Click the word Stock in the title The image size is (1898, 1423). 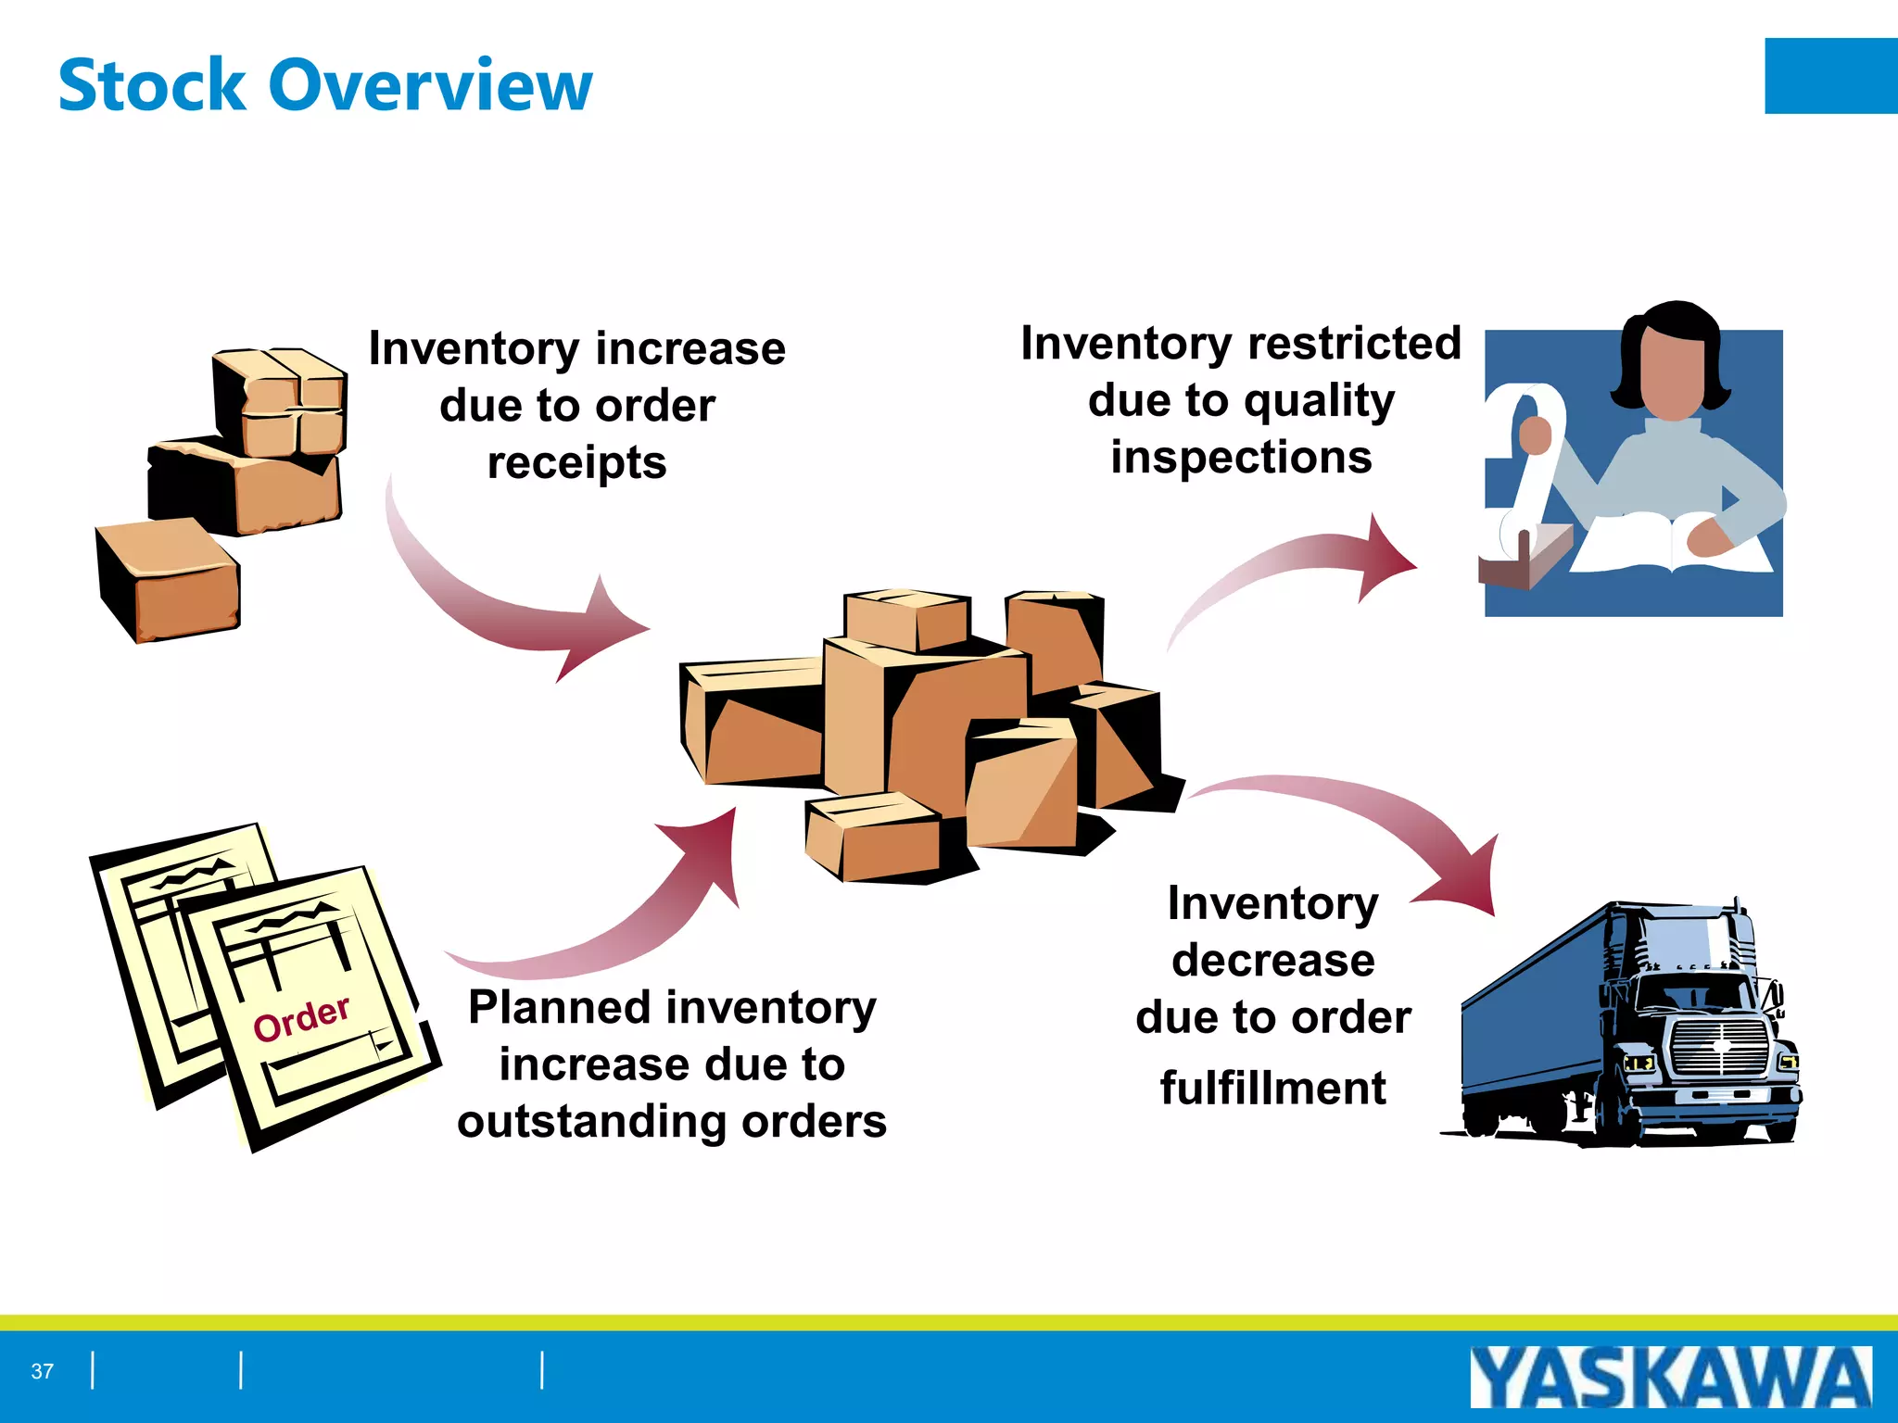point(152,85)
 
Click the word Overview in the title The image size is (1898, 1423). point(430,85)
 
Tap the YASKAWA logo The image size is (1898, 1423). point(1670,1378)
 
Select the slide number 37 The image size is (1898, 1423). point(43,1371)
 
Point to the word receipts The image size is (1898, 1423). point(576,462)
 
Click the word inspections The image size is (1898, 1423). point(1241,458)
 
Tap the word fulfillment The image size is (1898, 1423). point(1272,1088)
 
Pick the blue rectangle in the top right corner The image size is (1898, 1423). point(1830,76)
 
